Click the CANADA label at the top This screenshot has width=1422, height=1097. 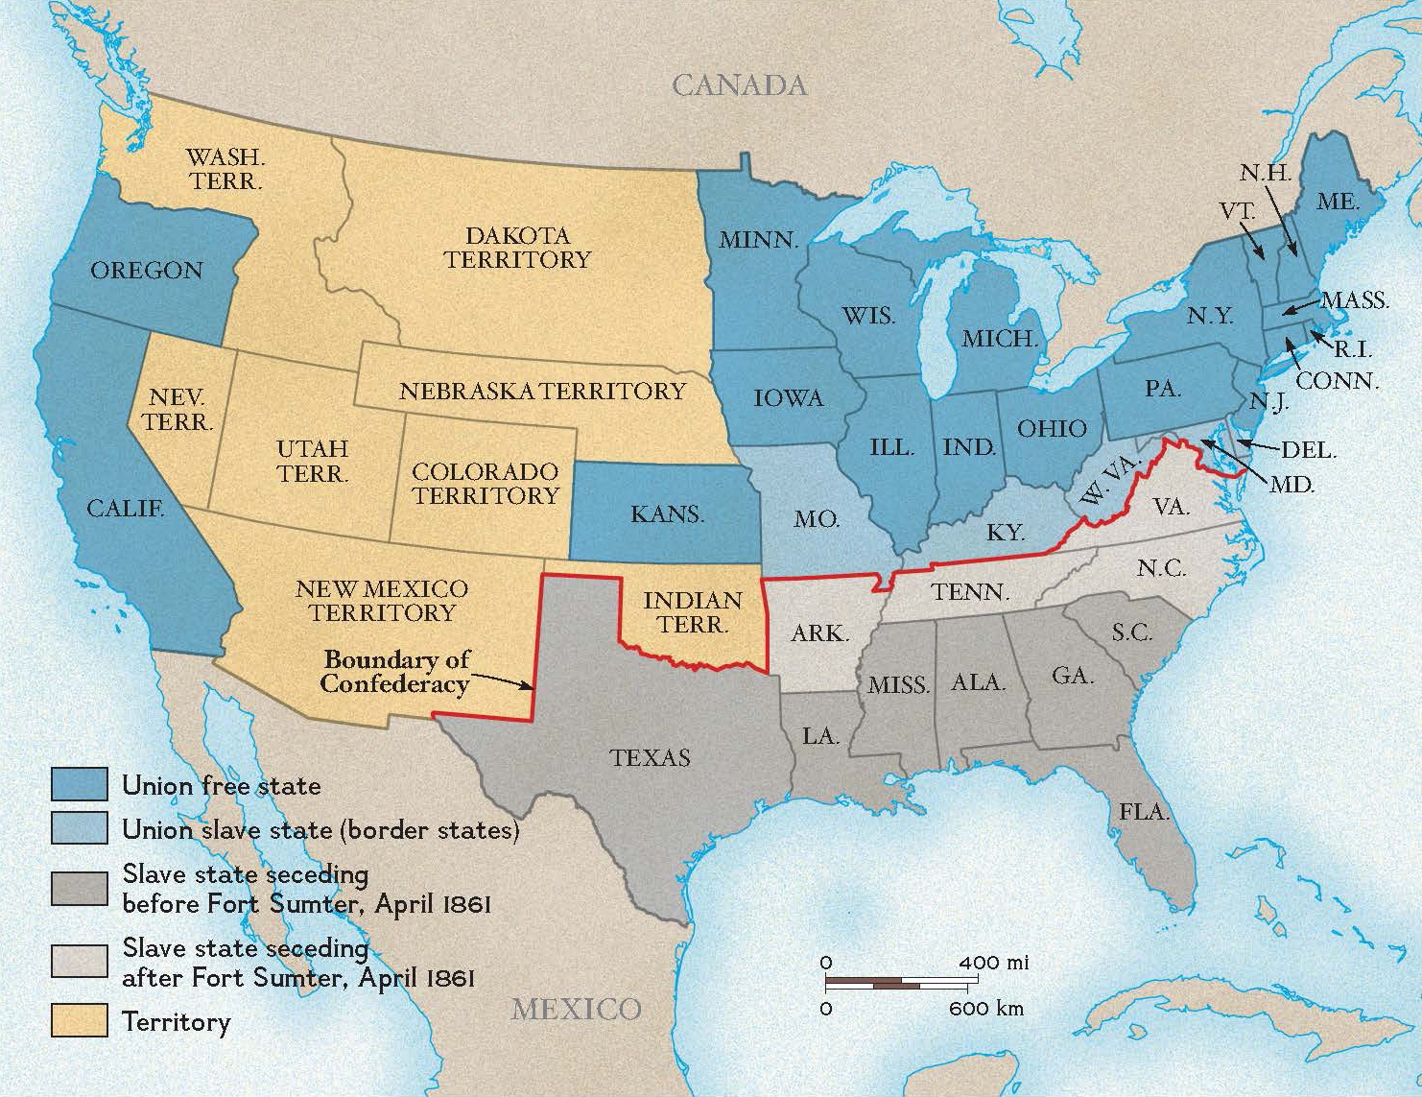[x=739, y=85]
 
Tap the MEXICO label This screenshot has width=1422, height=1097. [x=576, y=1009]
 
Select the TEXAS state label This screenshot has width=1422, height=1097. [x=650, y=757]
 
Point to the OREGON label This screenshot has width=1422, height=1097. [x=147, y=271]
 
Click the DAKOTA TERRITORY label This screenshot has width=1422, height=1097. [x=517, y=248]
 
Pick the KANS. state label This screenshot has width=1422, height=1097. [x=667, y=514]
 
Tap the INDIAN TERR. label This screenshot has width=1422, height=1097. [x=692, y=612]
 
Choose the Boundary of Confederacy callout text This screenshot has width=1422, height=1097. [x=395, y=672]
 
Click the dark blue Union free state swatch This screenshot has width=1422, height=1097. [x=79, y=785]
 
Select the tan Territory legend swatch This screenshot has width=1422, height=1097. [x=79, y=1020]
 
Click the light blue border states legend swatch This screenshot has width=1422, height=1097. [x=79, y=828]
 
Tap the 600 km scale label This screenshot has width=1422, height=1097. [x=985, y=1009]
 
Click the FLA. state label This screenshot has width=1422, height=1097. [x=1144, y=812]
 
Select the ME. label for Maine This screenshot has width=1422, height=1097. [x=1338, y=202]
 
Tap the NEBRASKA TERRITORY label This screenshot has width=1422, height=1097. [x=542, y=392]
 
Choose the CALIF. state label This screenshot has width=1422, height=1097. [x=125, y=509]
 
